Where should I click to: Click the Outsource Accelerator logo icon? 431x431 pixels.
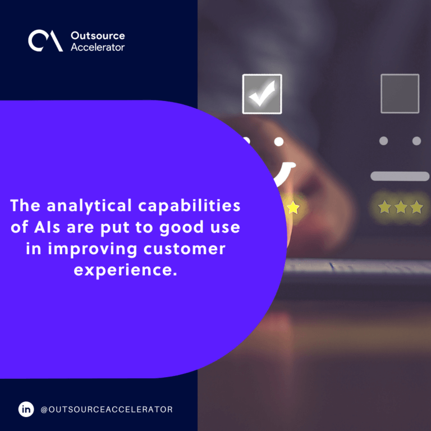coord(45,40)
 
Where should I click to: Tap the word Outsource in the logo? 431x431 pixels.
coord(98,35)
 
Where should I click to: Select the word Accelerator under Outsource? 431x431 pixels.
coord(98,47)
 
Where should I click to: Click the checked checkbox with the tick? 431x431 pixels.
coord(262,94)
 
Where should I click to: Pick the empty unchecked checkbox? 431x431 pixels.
coord(400,94)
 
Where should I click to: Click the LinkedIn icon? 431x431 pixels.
coord(26,409)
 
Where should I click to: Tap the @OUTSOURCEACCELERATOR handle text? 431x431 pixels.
coord(107,409)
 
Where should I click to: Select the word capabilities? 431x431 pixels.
coord(189,206)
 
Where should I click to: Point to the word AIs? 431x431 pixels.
coord(47,227)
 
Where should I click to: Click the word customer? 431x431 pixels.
coord(185,249)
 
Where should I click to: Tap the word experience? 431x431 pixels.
coord(125,270)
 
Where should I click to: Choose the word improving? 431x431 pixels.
coord(93,250)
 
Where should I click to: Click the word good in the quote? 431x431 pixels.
coord(181,228)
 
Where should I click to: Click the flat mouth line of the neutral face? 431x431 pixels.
coord(400,176)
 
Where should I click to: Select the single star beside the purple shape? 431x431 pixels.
coord(294,207)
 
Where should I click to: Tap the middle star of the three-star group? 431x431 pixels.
coord(401,207)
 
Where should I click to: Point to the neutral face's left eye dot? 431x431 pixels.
coord(383,141)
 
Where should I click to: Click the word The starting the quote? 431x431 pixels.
coord(25,205)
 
